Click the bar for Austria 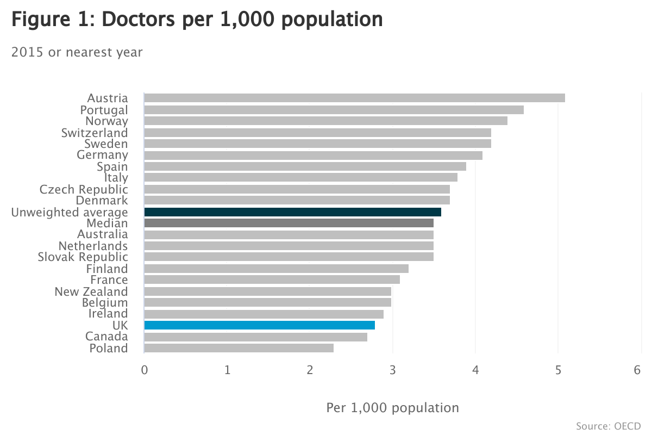click(x=354, y=98)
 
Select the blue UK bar click(x=259, y=325)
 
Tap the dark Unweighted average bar click(x=292, y=212)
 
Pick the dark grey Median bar click(x=289, y=223)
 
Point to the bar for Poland click(x=239, y=348)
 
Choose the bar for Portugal click(x=334, y=110)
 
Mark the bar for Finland click(x=276, y=269)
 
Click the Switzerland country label click(x=95, y=133)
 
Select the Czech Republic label click(x=84, y=189)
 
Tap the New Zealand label click(x=91, y=291)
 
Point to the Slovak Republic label click(x=83, y=257)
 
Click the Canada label click(x=106, y=337)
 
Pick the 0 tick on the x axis click(x=144, y=370)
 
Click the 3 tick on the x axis click(x=392, y=370)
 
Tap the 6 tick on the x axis click(x=637, y=370)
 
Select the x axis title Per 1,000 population click(x=392, y=407)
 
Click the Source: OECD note click(x=608, y=425)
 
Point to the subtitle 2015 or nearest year click(x=77, y=52)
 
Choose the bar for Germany click(x=313, y=156)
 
